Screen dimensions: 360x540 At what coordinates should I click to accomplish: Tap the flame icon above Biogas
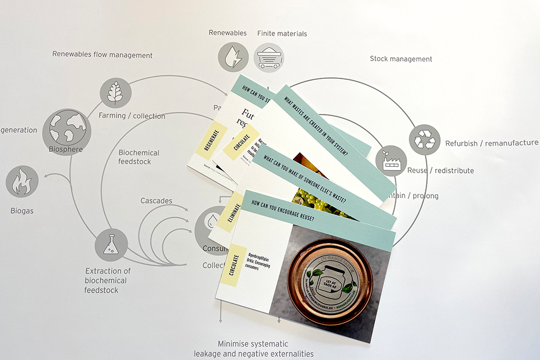[22, 181]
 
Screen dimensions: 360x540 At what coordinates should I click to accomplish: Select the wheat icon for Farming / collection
[116, 93]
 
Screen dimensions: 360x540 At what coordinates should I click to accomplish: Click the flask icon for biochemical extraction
[112, 245]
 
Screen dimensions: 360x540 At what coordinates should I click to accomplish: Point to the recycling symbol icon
[424, 140]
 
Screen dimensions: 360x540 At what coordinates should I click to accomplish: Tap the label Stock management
[401, 59]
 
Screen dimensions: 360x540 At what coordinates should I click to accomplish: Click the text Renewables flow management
[102, 55]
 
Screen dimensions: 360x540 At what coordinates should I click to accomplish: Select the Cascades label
[156, 201]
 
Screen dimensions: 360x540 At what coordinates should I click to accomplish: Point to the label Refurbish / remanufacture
[491, 143]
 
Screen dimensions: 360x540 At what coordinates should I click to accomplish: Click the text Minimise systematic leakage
[253, 344]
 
